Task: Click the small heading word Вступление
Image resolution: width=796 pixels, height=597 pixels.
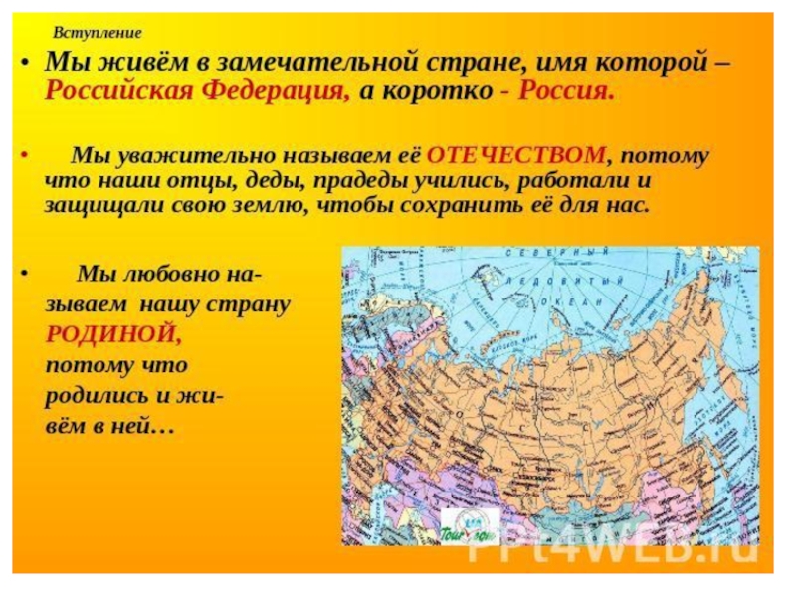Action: (98, 33)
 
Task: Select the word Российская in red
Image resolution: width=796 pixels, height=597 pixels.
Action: (117, 92)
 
